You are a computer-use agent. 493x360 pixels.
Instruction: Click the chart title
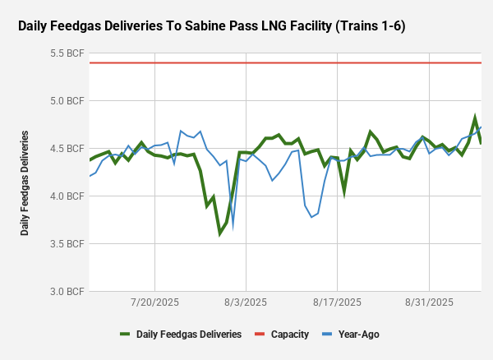point(211,26)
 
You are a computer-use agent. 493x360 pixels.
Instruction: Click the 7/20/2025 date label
point(154,302)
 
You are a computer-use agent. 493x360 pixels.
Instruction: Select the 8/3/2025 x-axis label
point(246,302)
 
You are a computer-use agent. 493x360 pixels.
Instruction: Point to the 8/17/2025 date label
point(338,302)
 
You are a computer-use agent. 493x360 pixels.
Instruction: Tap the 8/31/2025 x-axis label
point(429,302)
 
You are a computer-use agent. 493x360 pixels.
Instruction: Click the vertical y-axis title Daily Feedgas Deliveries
point(25,182)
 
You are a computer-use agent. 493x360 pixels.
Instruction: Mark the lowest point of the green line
point(220,233)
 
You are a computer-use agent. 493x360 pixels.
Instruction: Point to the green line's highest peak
point(475,118)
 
